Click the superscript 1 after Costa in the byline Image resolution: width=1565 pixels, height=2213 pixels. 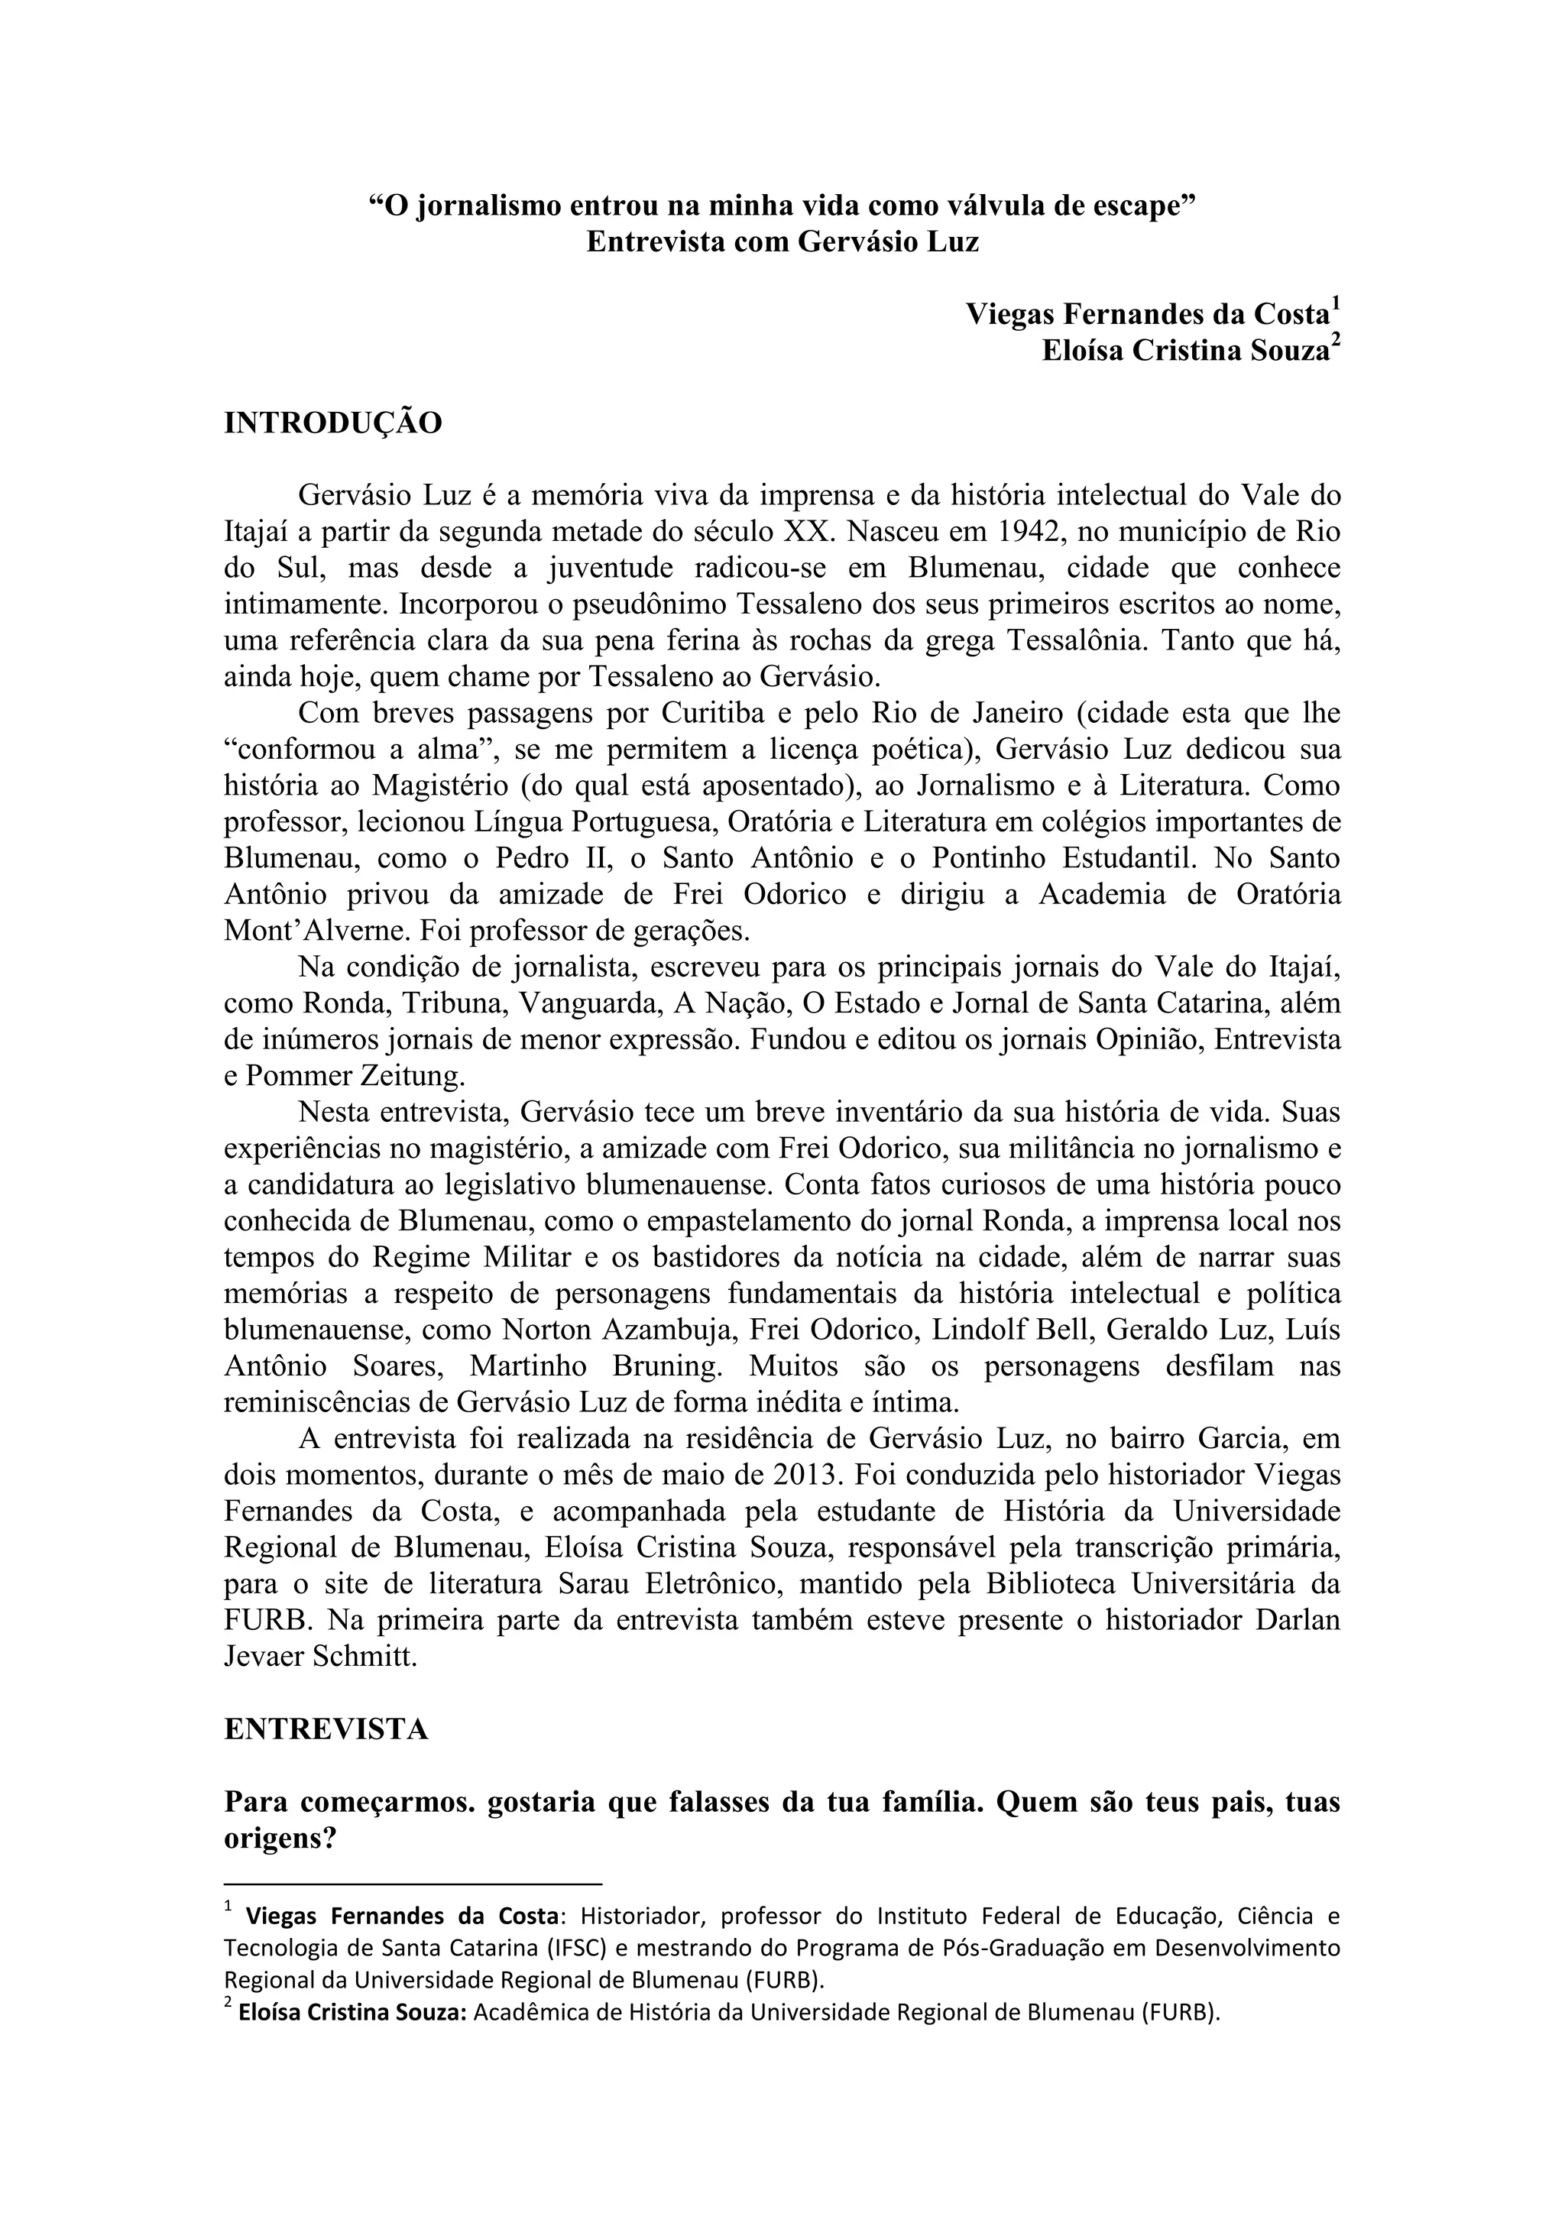1336,305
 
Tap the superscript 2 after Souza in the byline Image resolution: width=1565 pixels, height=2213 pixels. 1336,342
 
